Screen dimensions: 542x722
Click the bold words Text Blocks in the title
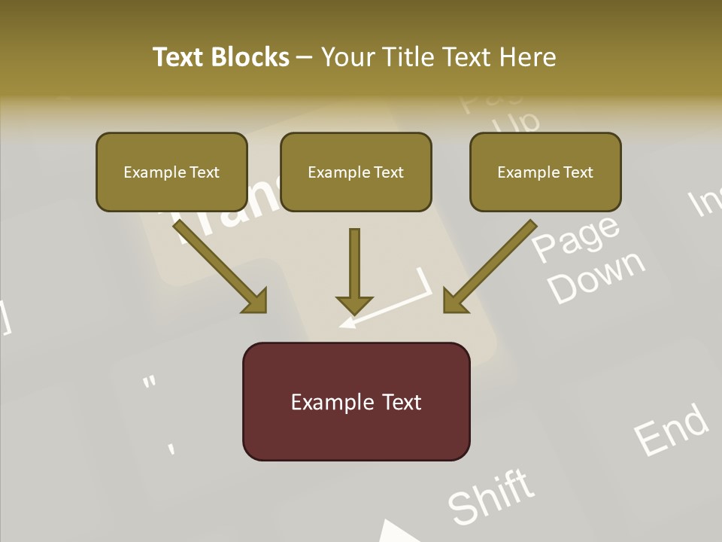[x=221, y=57]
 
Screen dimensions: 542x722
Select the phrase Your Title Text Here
[x=438, y=57]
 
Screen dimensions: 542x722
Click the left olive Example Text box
[x=171, y=172]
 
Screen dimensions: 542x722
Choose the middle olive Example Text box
[x=356, y=172]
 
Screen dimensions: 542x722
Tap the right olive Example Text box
[x=545, y=172]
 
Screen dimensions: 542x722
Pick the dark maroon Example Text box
[x=356, y=402]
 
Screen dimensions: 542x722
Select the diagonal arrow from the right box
[x=490, y=267]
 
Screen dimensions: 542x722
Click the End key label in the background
[x=670, y=429]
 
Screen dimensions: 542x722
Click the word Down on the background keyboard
[x=596, y=277]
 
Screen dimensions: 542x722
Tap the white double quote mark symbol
[x=150, y=382]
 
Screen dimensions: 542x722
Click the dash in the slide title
[x=305, y=57]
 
